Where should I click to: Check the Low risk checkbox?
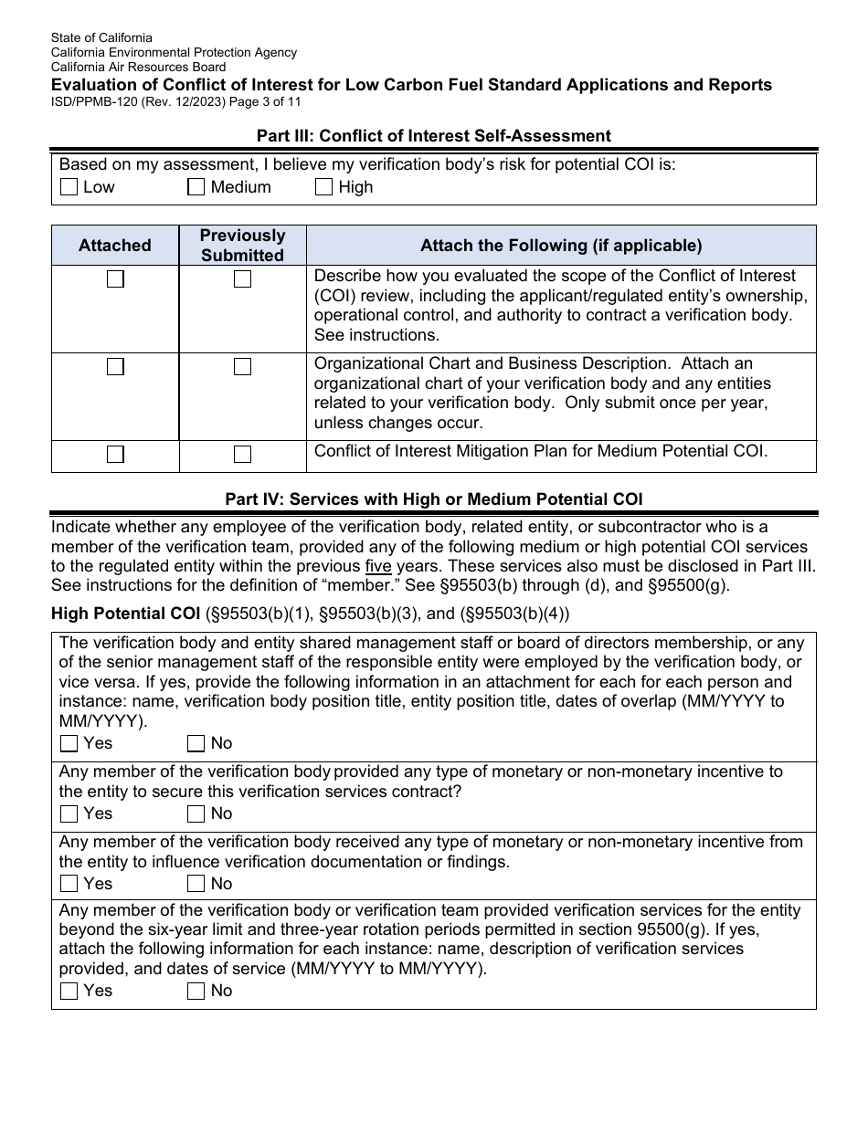click(x=69, y=187)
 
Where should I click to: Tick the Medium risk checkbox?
click(x=196, y=187)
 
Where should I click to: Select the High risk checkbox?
click(x=323, y=187)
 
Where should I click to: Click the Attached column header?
click(x=115, y=246)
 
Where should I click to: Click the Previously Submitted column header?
click(x=242, y=246)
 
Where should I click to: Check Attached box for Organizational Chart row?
click(x=115, y=367)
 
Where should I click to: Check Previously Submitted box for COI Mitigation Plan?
click(x=242, y=454)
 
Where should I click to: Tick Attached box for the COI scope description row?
click(x=115, y=279)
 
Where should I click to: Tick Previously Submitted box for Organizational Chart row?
click(x=242, y=367)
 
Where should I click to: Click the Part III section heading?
click(x=433, y=135)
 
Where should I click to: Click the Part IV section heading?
click(x=433, y=499)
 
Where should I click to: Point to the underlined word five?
click(x=378, y=565)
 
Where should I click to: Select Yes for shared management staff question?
click(x=69, y=743)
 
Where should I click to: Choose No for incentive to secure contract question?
click(x=196, y=813)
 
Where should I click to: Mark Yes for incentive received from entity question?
click(x=69, y=884)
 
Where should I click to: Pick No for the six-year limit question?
click(x=196, y=991)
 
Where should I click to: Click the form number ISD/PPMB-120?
click(x=96, y=102)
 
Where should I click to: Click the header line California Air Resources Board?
click(x=138, y=67)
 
